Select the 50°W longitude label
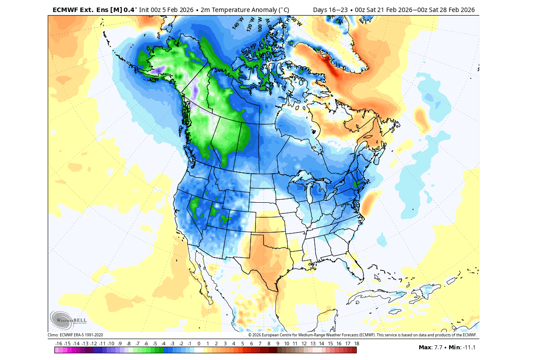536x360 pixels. [297, 21]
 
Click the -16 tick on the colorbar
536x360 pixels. [58, 344]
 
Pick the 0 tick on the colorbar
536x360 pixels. [198, 344]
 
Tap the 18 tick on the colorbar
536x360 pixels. [356, 344]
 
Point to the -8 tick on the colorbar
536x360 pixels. [128, 344]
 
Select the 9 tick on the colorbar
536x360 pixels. [277, 344]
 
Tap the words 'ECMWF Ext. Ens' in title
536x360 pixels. [78, 10]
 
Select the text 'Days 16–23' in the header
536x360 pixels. [331, 10]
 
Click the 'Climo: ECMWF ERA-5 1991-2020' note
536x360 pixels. [75, 335]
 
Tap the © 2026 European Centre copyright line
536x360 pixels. [362, 335]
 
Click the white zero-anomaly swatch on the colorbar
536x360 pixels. [198, 350]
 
